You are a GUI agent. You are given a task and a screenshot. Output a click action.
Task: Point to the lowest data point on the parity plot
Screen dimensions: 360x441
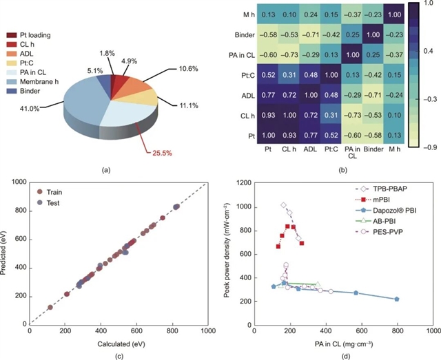click(x=50, y=307)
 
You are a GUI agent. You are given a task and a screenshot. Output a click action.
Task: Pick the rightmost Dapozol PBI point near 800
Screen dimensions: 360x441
click(x=397, y=299)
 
